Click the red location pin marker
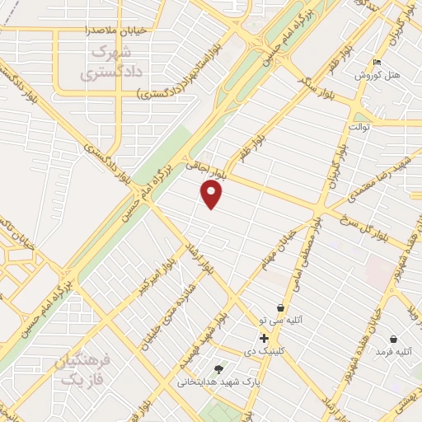click(x=212, y=194)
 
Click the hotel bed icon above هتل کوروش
click(x=377, y=63)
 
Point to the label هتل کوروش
click(x=377, y=75)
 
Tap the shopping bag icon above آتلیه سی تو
click(x=281, y=307)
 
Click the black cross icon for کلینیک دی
click(x=264, y=338)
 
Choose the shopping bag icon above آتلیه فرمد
click(x=393, y=339)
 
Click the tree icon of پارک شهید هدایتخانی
click(x=218, y=369)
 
